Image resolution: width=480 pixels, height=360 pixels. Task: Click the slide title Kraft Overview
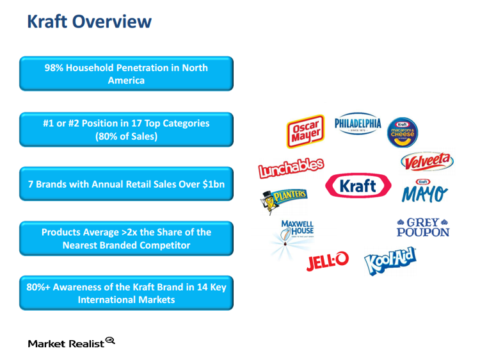(89, 22)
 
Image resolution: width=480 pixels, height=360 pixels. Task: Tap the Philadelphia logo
(357, 126)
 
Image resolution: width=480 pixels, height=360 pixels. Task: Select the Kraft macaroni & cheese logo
(403, 132)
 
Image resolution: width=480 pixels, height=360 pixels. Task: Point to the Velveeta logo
(426, 161)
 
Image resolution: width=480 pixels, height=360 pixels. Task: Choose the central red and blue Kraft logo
(358, 186)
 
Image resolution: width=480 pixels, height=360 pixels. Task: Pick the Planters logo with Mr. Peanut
(283, 198)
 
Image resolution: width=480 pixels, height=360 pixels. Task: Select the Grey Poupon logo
(422, 227)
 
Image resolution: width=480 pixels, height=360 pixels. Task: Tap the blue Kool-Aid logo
(390, 261)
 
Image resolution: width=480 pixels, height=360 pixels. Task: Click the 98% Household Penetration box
(126, 74)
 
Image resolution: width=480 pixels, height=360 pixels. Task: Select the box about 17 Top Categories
(126, 129)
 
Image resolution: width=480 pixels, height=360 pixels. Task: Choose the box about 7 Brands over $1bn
(126, 183)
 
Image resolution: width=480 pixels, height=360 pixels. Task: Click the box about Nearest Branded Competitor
(126, 238)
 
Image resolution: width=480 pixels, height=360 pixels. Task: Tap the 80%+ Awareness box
(126, 293)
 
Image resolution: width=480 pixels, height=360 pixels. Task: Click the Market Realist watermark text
(66, 344)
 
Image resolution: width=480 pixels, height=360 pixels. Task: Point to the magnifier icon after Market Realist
(110, 341)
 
